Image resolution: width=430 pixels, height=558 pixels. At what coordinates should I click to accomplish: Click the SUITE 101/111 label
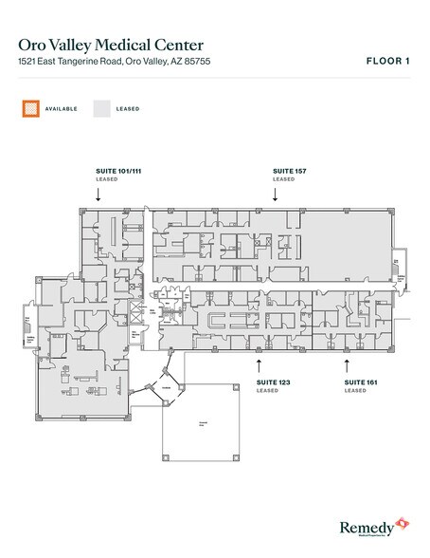[x=116, y=171]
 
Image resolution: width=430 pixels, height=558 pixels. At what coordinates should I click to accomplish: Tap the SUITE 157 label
[x=288, y=171]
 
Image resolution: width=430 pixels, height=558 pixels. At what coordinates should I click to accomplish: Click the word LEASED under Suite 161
[x=355, y=391]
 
